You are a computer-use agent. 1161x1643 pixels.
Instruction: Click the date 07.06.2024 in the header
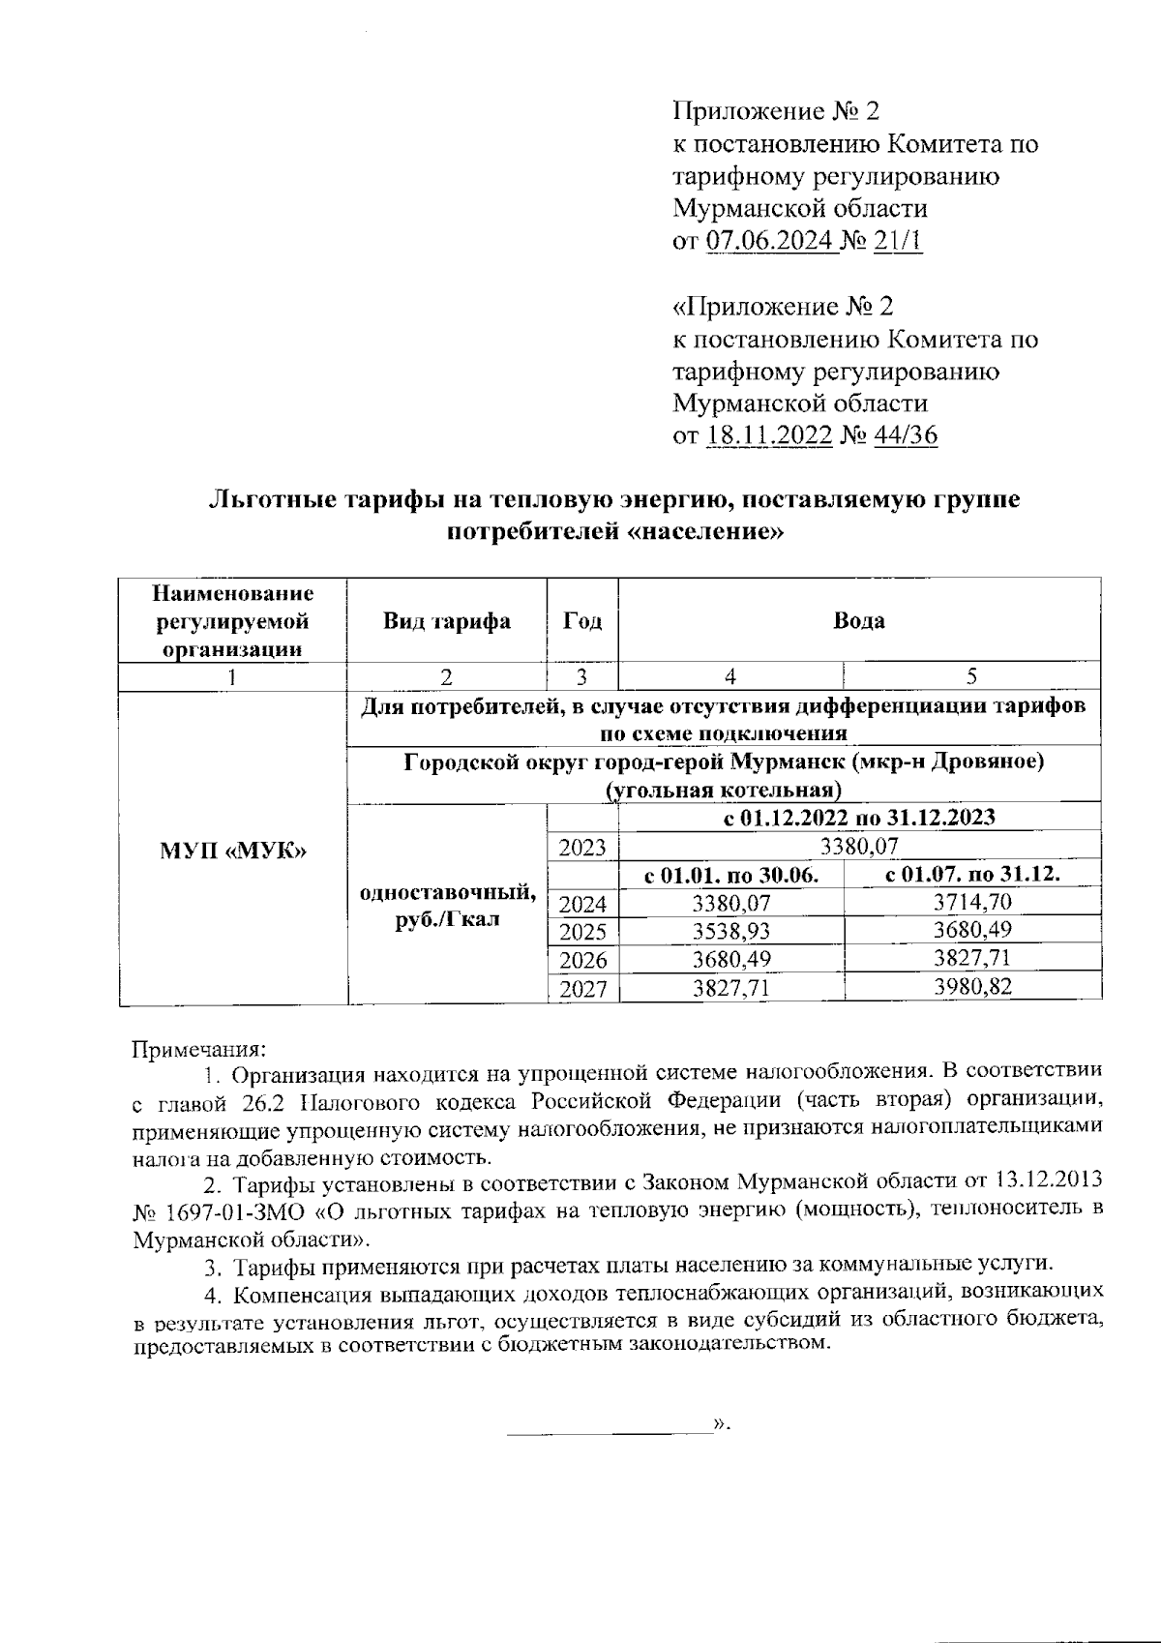[x=770, y=241]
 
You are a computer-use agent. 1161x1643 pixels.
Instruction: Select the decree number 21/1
[x=897, y=241]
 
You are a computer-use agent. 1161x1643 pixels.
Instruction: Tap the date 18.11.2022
[x=770, y=435]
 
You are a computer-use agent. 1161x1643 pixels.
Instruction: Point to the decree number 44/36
[x=906, y=435]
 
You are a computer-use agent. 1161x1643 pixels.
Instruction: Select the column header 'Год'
[x=582, y=621]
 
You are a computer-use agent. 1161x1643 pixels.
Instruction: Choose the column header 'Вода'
[x=859, y=621]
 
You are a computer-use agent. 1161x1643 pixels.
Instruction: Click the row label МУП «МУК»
[x=232, y=851]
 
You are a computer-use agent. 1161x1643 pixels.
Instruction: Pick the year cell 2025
[x=582, y=933]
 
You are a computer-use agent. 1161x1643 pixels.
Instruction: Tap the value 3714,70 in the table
[x=971, y=904]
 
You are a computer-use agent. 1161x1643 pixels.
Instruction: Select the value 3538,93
[x=731, y=932]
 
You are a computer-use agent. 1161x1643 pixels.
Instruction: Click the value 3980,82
[x=971, y=987]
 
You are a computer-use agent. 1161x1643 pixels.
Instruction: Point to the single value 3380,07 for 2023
[x=859, y=848]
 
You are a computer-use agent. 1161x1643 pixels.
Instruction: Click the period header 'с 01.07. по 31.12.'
[x=971, y=876]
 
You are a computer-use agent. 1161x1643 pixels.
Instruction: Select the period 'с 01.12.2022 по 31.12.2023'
[x=859, y=818]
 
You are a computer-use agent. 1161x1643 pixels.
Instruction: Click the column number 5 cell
[x=971, y=676]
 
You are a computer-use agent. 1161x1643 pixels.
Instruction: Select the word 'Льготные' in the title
[x=266, y=500]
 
